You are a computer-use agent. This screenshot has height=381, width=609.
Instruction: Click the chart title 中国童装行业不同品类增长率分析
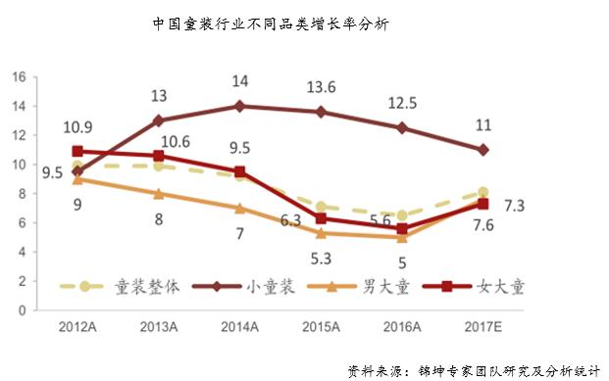271,24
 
